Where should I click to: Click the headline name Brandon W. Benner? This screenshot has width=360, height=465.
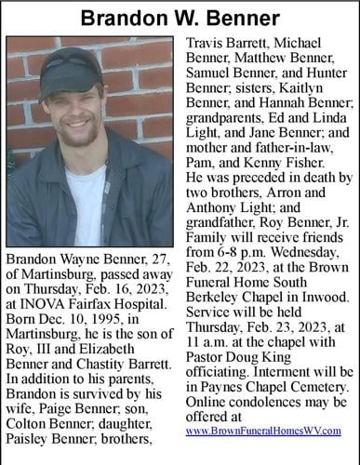pyautogui.click(x=180, y=17)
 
